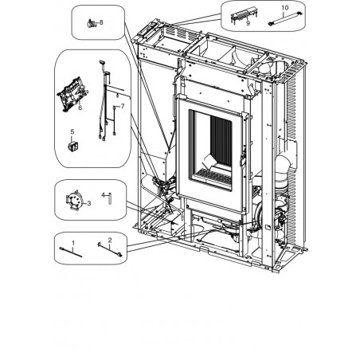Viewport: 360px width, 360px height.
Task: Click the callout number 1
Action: tap(73, 243)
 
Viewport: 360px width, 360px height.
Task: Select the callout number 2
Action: tap(110, 240)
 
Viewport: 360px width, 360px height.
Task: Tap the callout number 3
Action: tap(89, 203)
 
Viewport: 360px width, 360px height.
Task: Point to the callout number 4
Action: tap(104, 195)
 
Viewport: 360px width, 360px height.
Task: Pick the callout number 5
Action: tap(72, 131)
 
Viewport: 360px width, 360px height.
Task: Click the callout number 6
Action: tap(80, 108)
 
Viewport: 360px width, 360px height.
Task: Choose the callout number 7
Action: tap(123, 106)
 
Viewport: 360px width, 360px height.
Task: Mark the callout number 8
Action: tap(101, 22)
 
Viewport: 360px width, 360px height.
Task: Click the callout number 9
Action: tap(248, 23)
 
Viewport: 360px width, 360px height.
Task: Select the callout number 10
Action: tap(285, 8)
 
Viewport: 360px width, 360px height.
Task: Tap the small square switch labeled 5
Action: tap(73, 147)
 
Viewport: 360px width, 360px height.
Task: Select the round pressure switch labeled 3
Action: tap(73, 200)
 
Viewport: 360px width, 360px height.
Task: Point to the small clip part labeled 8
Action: tap(92, 24)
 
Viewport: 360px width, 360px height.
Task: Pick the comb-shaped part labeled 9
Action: tap(244, 15)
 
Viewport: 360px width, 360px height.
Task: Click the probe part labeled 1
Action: tap(71, 252)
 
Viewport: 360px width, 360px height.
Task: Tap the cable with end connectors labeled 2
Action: tap(110, 249)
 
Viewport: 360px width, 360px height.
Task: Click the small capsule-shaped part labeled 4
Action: tap(110, 198)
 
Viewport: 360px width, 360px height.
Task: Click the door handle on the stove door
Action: tap(243, 158)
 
